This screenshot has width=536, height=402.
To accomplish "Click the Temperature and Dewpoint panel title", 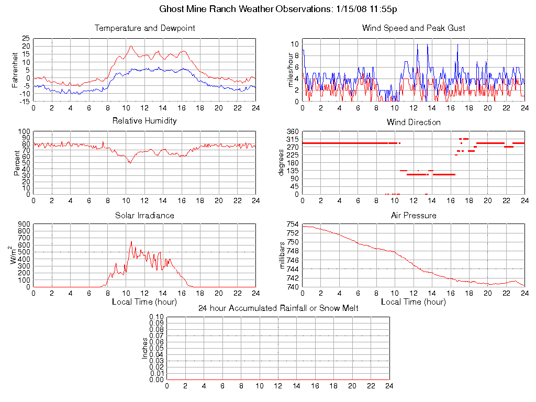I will [144, 28].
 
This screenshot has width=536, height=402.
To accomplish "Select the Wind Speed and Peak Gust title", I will [414, 28].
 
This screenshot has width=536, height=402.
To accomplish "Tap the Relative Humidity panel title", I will [144, 121].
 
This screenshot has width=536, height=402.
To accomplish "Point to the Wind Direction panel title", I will [414, 122].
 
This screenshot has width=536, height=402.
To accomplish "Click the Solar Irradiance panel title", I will [144, 215].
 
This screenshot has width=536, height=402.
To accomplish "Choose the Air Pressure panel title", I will [414, 215].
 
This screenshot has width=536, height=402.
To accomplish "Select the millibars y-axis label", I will [283, 255].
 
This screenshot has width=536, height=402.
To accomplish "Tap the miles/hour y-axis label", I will [283, 70].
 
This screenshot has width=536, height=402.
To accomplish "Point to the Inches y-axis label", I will [145, 348].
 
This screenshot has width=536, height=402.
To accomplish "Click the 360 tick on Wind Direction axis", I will [293, 131].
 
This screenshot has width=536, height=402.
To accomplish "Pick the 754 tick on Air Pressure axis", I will [293, 225].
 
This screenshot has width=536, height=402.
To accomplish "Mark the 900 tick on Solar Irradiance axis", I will [24, 225].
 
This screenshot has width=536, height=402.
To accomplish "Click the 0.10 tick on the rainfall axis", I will [157, 317].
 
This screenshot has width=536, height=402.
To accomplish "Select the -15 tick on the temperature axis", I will [24, 102].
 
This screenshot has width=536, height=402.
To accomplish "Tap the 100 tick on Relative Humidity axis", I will [24, 131].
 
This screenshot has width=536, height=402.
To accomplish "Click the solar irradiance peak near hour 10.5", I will [131, 241].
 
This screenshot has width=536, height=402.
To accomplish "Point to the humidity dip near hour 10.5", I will [130, 163].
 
